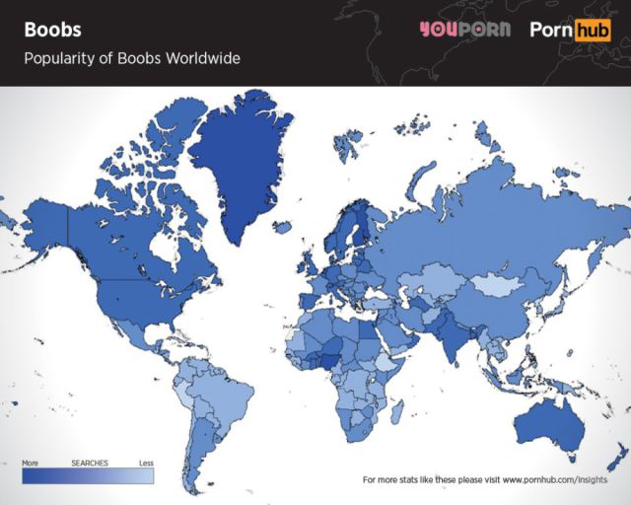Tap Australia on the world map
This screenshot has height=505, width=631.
547,419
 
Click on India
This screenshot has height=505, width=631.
456,340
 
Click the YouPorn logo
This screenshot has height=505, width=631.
463,29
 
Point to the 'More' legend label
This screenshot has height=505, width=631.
30,463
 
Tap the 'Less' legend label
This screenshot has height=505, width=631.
146,463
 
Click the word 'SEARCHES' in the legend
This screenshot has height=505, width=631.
89,463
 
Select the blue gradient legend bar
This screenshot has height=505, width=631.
88,475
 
